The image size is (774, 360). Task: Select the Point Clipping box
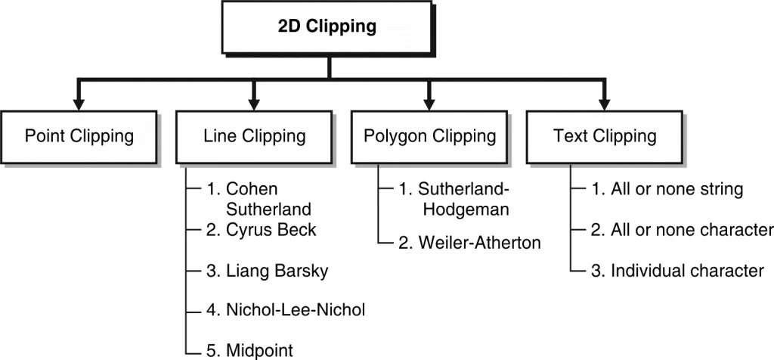[79, 137]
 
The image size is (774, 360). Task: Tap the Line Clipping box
[255, 137]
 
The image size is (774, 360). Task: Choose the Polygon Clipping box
[429, 137]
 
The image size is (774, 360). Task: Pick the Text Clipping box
[605, 137]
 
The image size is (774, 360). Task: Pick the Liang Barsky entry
[267, 271]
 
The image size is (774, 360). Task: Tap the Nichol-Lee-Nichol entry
[285, 310]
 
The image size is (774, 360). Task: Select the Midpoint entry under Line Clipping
[249, 349]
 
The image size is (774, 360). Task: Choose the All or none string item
[666, 189]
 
